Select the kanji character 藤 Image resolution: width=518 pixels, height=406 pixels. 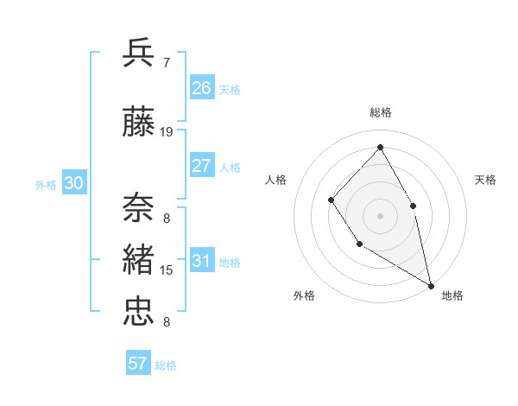coord(139,124)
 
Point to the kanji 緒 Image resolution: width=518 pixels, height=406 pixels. coord(139,259)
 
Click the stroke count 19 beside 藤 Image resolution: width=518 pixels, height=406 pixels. coord(167,132)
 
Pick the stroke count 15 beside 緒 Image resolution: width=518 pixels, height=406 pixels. coord(167,270)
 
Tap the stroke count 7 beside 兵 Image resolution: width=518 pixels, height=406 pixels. coord(166,62)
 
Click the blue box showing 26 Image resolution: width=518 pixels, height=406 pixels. coord(202,87)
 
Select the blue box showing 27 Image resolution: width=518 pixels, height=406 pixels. coord(202,166)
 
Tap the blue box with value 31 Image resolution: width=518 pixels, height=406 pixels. coord(202,261)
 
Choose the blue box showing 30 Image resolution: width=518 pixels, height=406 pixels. coord(73,182)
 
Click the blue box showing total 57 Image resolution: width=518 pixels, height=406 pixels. coord(138,364)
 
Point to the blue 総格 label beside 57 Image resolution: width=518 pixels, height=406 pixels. coord(166,365)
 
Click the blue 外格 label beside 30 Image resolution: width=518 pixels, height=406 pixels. coord(46,184)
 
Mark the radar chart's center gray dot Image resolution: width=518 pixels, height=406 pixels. coord(379,215)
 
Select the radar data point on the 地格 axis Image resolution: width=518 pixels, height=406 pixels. coord(431,284)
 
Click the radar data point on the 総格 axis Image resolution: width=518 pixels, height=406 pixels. coord(379,146)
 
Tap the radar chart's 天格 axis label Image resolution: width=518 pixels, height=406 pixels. coord(485,180)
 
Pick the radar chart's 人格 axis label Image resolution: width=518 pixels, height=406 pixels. coord(275,180)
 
